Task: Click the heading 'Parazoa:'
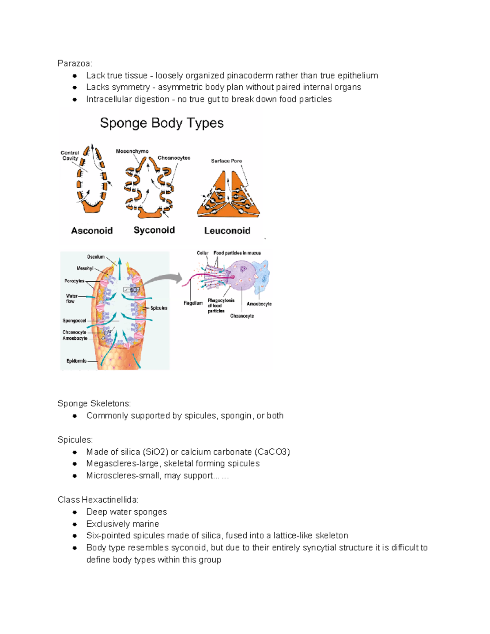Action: (75, 63)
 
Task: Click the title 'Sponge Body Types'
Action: (162, 123)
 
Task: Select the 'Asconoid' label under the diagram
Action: (92, 231)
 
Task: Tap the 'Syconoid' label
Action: (154, 230)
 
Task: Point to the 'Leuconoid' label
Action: (227, 231)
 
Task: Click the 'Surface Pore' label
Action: (226, 161)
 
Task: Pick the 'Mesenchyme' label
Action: (132, 151)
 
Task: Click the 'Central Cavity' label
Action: (70, 156)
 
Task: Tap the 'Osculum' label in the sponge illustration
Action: (96, 257)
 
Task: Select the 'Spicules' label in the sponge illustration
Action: (159, 308)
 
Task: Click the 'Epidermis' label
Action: (76, 361)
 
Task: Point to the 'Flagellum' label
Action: (193, 303)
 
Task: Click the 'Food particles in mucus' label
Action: (237, 253)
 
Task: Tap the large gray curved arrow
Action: (163, 280)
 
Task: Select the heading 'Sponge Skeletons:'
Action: (94, 403)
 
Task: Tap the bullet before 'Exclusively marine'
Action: (75, 524)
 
